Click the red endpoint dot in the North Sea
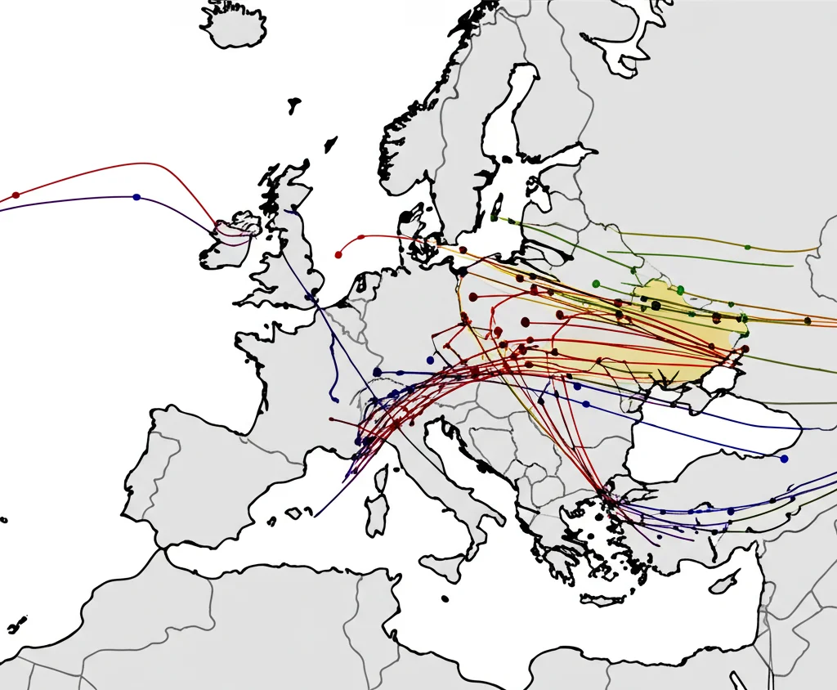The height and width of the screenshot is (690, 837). point(338,254)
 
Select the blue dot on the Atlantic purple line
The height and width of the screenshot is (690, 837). point(136,197)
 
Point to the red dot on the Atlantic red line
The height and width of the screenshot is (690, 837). point(16,195)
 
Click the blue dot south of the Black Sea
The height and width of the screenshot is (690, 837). point(784,459)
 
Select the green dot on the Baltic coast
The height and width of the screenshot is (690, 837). point(494,217)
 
